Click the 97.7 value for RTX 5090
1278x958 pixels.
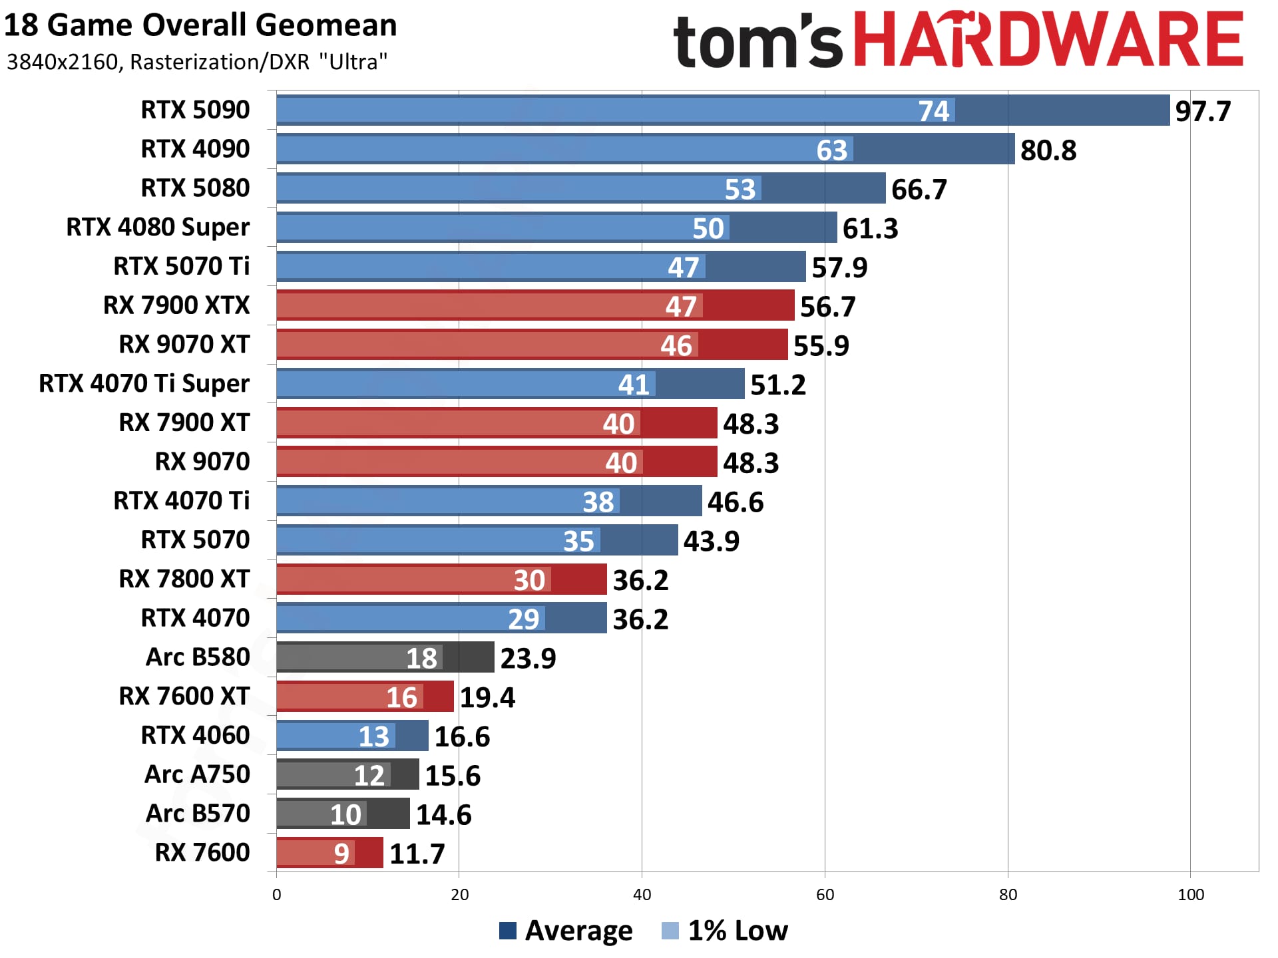pos(1203,111)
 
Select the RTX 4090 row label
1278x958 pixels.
pos(195,149)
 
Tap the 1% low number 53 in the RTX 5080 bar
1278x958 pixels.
pos(740,190)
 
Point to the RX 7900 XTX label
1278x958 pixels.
pos(176,305)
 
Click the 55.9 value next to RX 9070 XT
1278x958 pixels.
pos(821,346)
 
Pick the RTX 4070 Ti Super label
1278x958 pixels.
pos(144,384)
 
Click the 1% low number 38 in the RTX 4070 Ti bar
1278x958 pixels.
pos(598,502)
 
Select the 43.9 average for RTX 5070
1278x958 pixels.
pos(711,542)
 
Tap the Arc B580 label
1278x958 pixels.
pos(198,657)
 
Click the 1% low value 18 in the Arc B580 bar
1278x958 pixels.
pos(421,659)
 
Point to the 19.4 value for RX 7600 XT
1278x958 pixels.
pos(487,698)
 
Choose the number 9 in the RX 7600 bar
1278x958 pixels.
pos(341,854)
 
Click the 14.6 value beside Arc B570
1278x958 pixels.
pos(443,815)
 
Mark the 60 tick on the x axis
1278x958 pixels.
pos(825,895)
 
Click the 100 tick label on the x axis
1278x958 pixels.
pos(1190,895)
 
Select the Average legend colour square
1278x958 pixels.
pos(508,931)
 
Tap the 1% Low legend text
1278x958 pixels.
pos(738,931)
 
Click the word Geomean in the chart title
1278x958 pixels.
pos(325,25)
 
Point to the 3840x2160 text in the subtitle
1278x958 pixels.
pos(63,62)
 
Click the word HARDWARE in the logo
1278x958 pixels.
pos(1048,40)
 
